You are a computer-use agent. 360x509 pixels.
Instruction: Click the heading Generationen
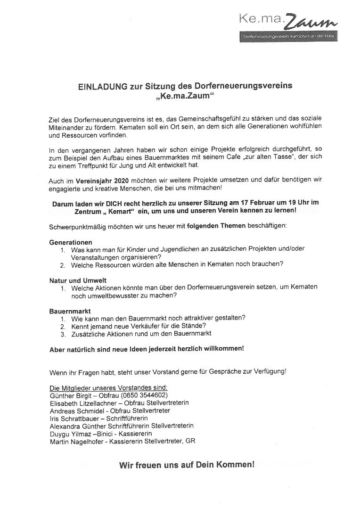(71, 242)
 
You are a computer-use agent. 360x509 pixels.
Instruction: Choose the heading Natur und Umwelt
(78, 280)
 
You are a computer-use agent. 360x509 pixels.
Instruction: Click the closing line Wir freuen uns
(187, 465)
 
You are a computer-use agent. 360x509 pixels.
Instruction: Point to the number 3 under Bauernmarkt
(62, 334)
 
